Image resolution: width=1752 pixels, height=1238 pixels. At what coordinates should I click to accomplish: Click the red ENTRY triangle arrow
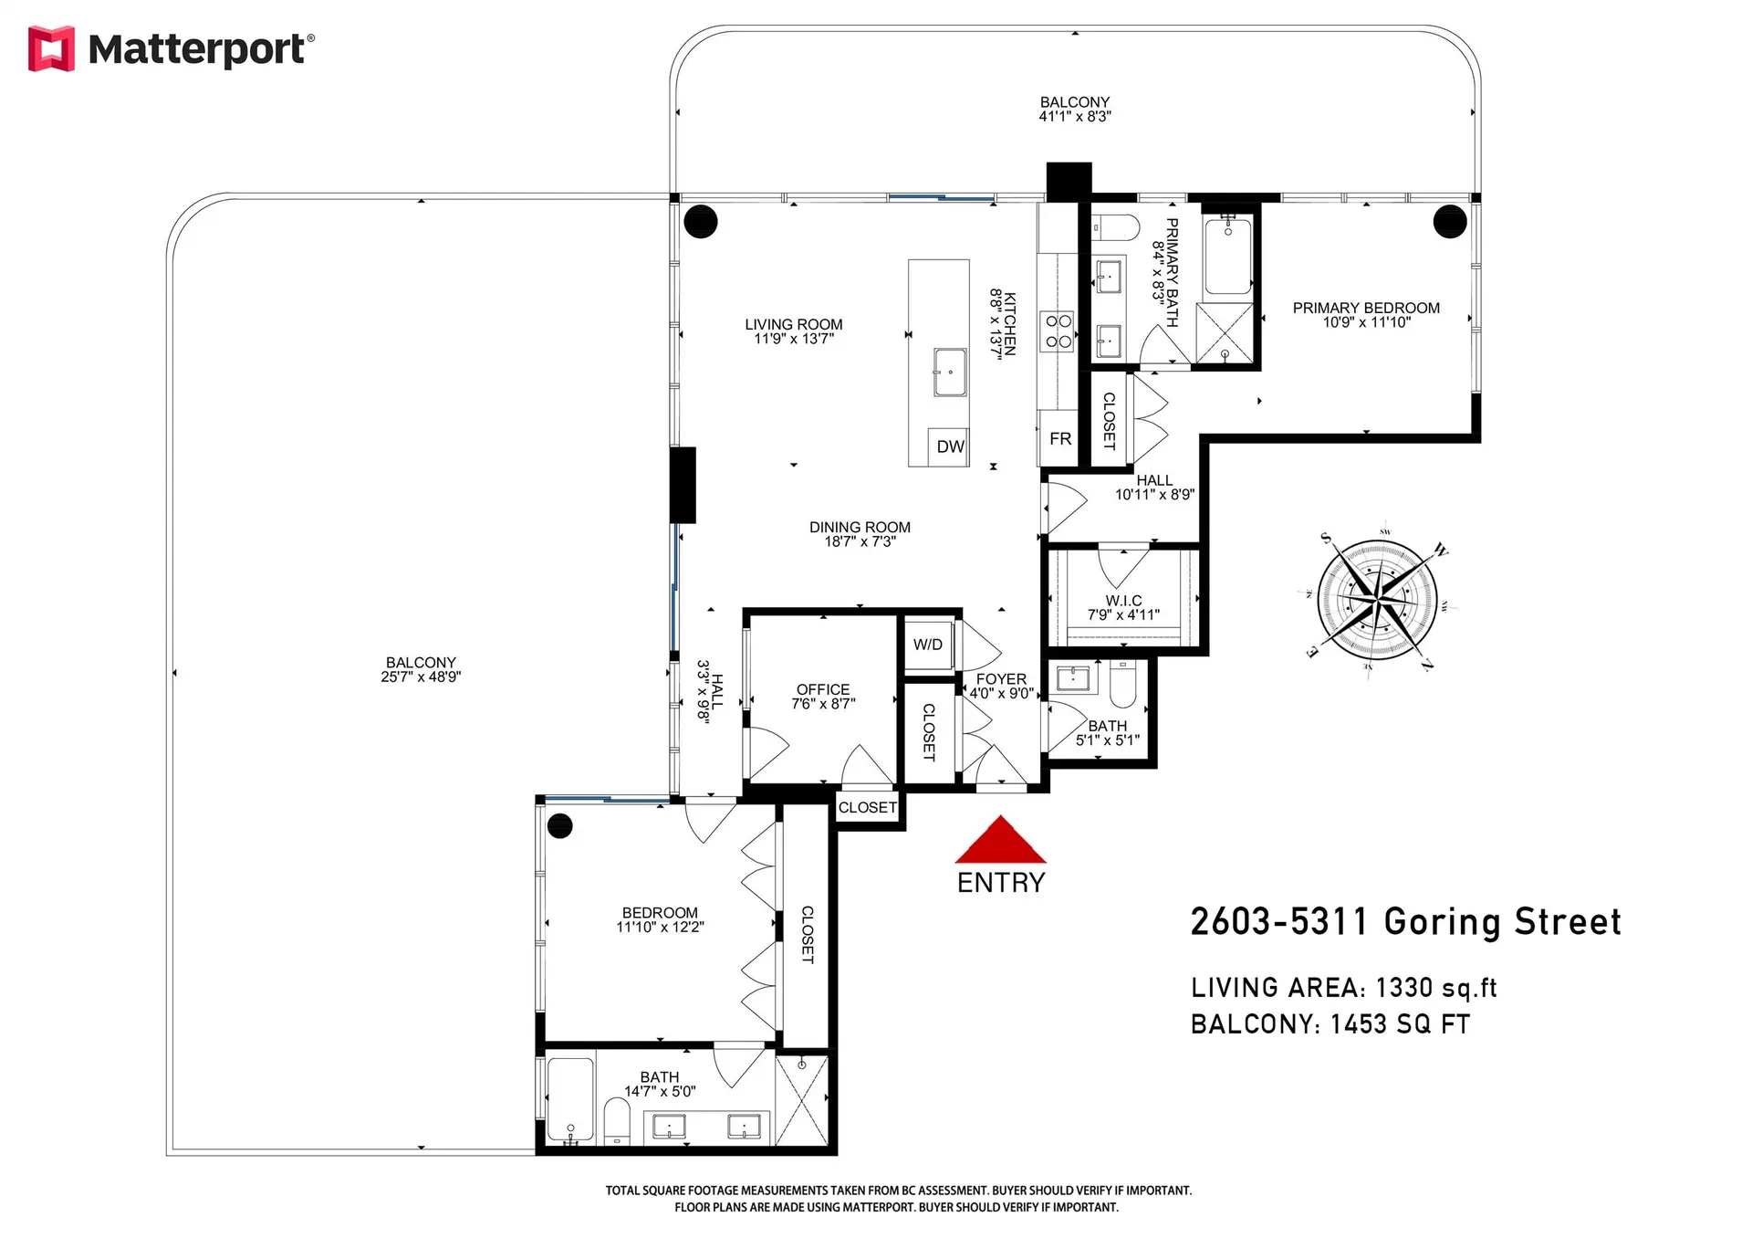coord(1000,842)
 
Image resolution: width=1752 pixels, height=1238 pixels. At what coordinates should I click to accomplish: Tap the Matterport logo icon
coord(51,48)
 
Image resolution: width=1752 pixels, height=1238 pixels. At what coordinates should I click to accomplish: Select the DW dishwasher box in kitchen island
coord(949,446)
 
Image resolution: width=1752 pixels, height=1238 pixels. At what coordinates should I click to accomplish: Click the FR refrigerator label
coord(1059,439)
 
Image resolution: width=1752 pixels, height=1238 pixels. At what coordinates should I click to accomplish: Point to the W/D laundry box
coord(928,645)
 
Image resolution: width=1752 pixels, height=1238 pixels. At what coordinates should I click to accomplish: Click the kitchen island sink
coord(950,372)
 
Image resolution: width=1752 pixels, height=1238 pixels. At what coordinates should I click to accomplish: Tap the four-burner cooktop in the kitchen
coord(1058,331)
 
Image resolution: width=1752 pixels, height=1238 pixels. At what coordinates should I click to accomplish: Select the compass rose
coord(1377,599)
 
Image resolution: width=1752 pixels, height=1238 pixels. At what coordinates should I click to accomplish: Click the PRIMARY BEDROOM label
coord(1365,309)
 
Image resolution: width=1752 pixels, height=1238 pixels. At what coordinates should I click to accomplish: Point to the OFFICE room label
coord(822,689)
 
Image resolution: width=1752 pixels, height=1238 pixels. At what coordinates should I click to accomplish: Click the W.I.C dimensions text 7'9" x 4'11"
coord(1123,615)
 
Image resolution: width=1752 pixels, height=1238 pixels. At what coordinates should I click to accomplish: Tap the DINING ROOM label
coord(860,527)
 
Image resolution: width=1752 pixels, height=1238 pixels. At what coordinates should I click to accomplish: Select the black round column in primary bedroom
coord(1449,221)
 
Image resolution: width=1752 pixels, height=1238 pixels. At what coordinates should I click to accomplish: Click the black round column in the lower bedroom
coord(559,826)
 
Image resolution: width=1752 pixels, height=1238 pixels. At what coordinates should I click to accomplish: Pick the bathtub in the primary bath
coord(1227,256)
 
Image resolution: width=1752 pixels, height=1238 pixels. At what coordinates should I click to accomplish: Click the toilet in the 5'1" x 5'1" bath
coord(1122,685)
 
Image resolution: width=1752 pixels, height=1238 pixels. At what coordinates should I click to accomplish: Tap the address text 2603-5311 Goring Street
coord(1405,922)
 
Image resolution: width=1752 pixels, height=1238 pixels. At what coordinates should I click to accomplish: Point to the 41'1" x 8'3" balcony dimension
coord(1074,117)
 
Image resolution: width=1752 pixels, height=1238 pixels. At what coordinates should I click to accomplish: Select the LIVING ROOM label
coord(793,324)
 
